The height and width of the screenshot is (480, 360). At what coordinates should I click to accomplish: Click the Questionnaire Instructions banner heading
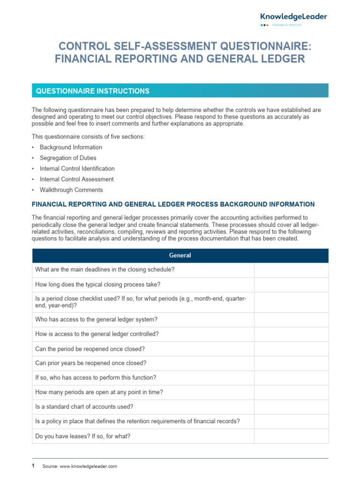coord(93,91)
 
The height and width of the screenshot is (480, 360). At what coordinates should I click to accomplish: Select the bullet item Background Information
coord(71,147)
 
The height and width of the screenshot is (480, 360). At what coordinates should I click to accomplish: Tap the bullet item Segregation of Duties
coord(67,158)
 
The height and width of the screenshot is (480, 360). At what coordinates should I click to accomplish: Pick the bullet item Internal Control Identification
coord(77,169)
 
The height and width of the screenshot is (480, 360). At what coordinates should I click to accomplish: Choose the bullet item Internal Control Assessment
coord(76,179)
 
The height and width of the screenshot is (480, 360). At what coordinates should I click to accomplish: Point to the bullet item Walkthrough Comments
coord(71,190)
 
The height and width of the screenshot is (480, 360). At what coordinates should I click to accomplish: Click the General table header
coord(180,255)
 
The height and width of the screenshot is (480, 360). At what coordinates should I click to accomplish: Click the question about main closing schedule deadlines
coord(105,270)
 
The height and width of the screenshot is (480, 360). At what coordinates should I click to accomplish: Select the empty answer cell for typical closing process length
coord(291,285)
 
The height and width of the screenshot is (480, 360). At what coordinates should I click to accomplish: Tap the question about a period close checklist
coord(141,302)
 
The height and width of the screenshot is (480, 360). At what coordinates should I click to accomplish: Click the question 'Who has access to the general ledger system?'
coord(96,319)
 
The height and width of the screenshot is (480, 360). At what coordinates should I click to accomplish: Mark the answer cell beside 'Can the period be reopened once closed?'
coord(291,349)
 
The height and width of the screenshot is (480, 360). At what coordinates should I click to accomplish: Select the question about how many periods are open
coord(99,392)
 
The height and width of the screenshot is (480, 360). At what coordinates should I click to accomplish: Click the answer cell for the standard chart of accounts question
coord(291,407)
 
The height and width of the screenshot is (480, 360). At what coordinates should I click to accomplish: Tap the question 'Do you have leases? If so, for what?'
coord(82,436)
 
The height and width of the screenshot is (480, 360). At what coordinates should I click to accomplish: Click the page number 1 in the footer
coord(33,466)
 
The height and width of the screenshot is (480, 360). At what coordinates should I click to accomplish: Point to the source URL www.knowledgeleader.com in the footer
coord(88,466)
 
